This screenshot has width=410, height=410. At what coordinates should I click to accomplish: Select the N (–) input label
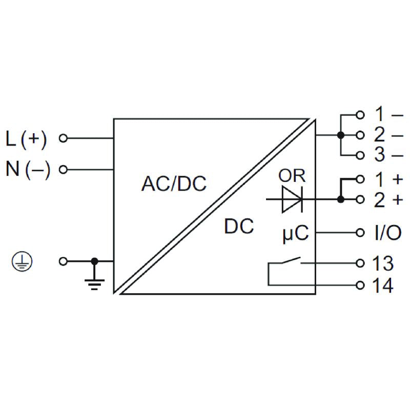pyautogui.click(x=28, y=170)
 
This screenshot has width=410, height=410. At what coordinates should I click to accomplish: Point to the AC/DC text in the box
pyautogui.click(x=174, y=183)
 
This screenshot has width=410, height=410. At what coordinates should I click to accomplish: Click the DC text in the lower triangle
pyautogui.click(x=239, y=227)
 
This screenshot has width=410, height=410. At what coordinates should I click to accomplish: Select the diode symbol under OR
pyautogui.click(x=291, y=199)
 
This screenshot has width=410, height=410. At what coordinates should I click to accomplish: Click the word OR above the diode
pyautogui.click(x=292, y=176)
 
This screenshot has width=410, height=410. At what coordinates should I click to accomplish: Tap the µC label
pyautogui.click(x=296, y=233)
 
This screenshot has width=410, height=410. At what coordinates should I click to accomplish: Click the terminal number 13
pyautogui.click(x=382, y=263)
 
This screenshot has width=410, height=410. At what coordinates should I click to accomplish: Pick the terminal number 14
pyautogui.click(x=382, y=285)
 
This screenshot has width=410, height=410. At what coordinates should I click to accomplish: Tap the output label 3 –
pyautogui.click(x=388, y=155)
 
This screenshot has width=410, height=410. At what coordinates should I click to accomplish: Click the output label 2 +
pyautogui.click(x=388, y=200)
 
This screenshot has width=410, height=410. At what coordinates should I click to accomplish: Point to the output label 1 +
pyautogui.click(x=388, y=179)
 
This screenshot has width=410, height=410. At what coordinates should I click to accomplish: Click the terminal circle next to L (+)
pyautogui.click(x=64, y=138)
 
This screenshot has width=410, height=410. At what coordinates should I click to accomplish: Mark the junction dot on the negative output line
pyautogui.click(x=340, y=135)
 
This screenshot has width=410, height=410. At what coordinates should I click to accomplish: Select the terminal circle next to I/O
pyautogui.click(x=360, y=233)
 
